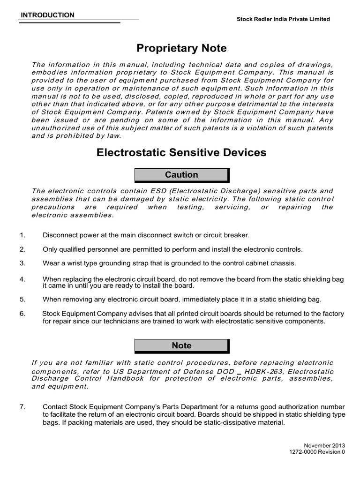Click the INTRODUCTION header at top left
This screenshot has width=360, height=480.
click(x=47, y=15)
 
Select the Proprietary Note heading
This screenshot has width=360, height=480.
click(x=181, y=48)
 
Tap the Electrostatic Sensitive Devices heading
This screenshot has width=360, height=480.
click(x=181, y=152)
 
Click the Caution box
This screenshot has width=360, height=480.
click(x=181, y=175)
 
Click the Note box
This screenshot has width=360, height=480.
click(x=181, y=345)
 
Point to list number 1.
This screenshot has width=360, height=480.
click(x=22, y=234)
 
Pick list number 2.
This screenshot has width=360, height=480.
click(x=22, y=249)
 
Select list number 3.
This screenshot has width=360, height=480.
click(x=22, y=263)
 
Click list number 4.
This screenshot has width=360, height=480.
click(x=22, y=279)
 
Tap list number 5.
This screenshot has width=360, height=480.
click(x=22, y=299)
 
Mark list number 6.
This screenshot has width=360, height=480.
click(x=22, y=313)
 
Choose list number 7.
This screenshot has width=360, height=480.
click(x=22, y=406)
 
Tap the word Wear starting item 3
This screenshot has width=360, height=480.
click(x=51, y=263)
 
